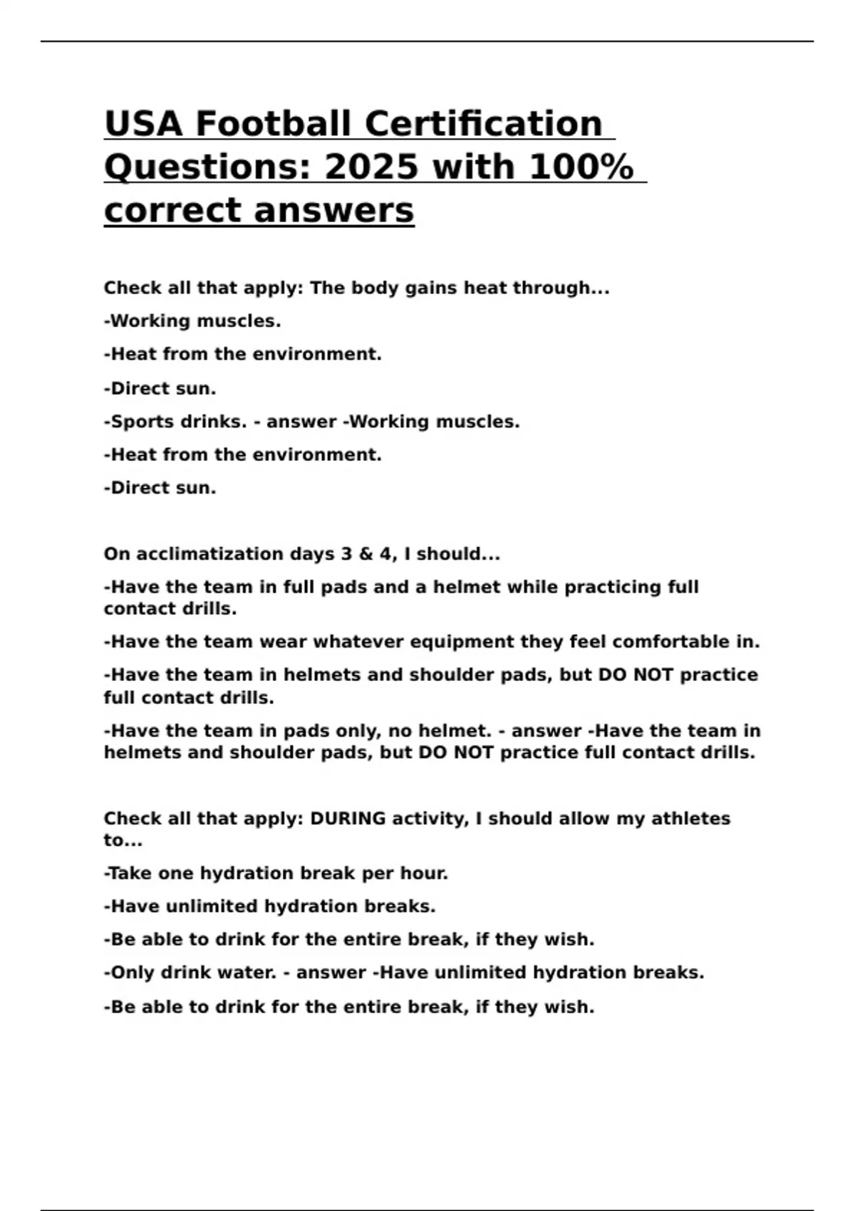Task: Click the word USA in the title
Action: click(x=142, y=123)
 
